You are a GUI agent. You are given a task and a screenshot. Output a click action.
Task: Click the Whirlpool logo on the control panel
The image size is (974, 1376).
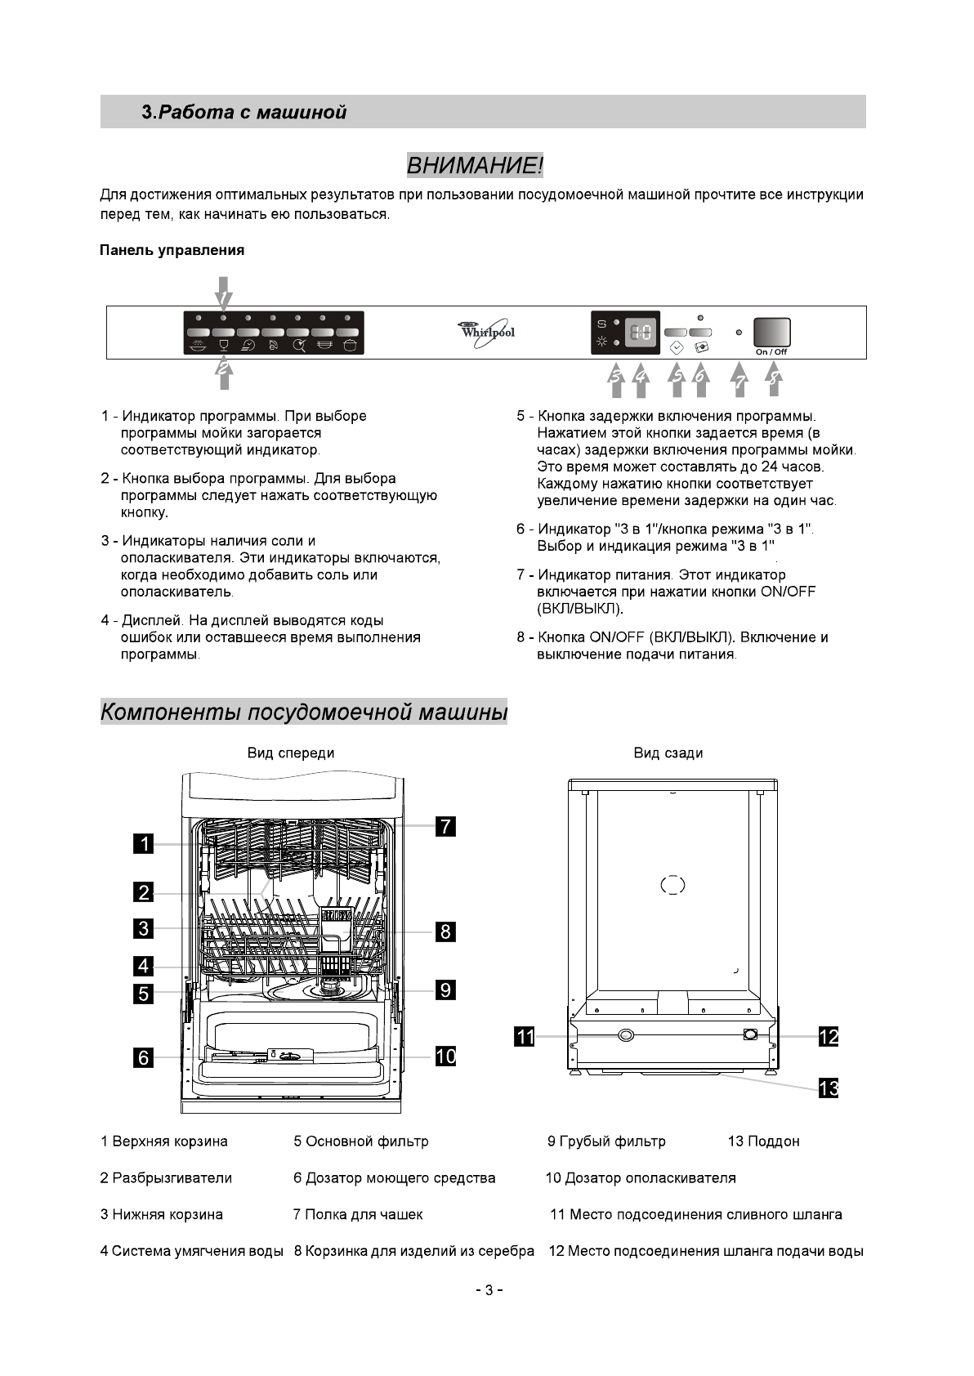[x=487, y=332]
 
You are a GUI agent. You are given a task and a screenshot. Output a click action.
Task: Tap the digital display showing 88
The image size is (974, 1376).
[x=641, y=333]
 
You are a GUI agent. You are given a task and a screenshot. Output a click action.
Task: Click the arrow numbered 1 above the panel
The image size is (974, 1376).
[x=223, y=292]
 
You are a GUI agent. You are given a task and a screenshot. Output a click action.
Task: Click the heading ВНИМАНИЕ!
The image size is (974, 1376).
[x=475, y=166]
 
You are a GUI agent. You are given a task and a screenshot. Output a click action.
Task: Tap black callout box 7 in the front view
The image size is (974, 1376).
[x=445, y=826]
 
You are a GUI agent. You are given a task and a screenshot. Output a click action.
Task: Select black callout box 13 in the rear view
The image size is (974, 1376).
[x=829, y=1088]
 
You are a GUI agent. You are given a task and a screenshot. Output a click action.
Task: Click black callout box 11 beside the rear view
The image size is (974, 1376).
[x=524, y=1037]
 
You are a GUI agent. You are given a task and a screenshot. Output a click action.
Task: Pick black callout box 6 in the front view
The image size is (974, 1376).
[x=144, y=1057]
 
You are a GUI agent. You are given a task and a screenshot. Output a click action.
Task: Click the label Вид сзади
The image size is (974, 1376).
[x=668, y=753]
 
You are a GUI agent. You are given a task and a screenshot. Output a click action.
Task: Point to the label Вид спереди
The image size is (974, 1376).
[x=291, y=753]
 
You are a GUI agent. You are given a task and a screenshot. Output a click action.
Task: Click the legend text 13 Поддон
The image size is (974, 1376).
[x=763, y=1141]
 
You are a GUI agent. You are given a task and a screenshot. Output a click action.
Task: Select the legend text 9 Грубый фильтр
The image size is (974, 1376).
[x=606, y=1141]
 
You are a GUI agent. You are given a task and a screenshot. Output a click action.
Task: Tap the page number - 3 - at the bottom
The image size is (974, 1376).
[x=488, y=1290]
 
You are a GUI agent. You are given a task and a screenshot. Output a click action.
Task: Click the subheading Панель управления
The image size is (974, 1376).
[x=172, y=250]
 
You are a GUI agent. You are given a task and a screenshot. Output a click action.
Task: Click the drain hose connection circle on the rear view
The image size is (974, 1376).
[x=625, y=1035]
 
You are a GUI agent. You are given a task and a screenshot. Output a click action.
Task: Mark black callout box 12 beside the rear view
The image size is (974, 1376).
[x=829, y=1037]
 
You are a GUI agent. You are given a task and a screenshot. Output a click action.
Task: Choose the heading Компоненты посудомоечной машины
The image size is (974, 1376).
[x=304, y=712]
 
